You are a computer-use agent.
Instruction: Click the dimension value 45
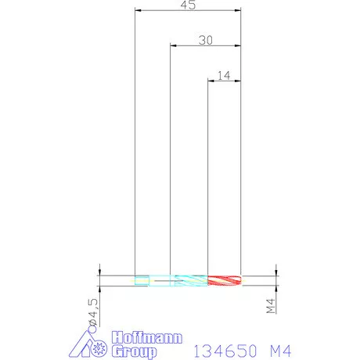(188, 5)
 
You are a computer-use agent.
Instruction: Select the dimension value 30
(206, 40)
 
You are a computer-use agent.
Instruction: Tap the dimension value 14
(224, 76)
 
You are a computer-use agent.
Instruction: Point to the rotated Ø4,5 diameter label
(93, 312)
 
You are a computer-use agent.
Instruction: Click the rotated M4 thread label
(271, 306)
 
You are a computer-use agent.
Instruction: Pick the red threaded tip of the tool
(225, 280)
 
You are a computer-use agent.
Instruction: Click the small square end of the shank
(142, 280)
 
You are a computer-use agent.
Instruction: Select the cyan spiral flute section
(191, 280)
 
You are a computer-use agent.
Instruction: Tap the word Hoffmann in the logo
(147, 338)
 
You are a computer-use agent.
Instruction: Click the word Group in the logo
(135, 352)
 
